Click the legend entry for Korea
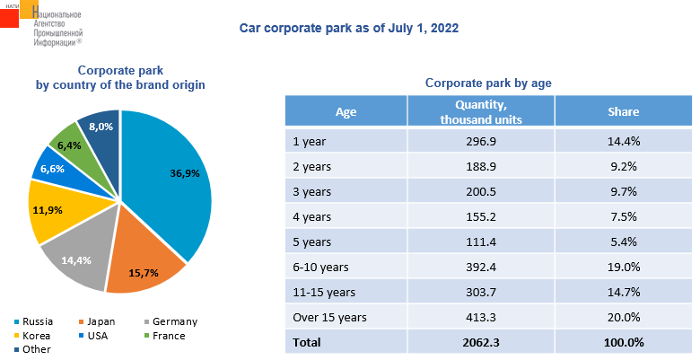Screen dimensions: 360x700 [x=35, y=336]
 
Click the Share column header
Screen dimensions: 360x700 [x=623, y=112]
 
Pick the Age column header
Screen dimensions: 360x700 [x=346, y=112]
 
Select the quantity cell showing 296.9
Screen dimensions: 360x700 [x=480, y=142]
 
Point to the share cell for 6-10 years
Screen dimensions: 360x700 [x=623, y=267]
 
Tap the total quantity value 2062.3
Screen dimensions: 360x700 [x=480, y=342]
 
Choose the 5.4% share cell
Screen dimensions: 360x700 [x=623, y=241]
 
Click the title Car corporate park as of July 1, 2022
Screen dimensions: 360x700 [x=349, y=29]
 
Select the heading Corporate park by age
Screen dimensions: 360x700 [x=487, y=83]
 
